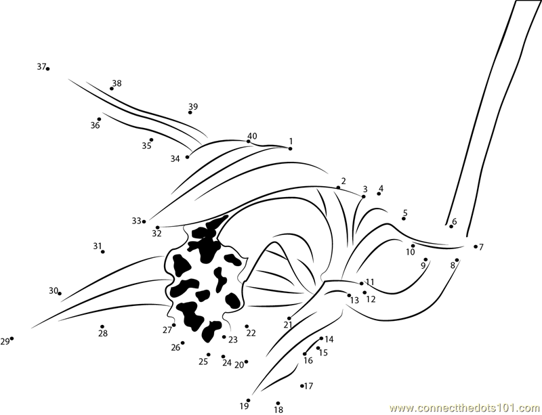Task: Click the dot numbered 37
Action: [x=47, y=69]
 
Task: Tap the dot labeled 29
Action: [x=12, y=338]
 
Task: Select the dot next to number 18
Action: [x=278, y=403]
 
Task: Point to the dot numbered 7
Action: [x=476, y=246]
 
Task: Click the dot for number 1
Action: [x=291, y=148]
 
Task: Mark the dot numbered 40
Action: [x=248, y=141]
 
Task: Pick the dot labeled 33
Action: [x=144, y=221]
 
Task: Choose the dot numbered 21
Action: [x=289, y=318]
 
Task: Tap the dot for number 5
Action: [x=403, y=219]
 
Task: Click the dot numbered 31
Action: [x=103, y=252]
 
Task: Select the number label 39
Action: [x=193, y=106]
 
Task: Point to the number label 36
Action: [x=95, y=125]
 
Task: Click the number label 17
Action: [x=309, y=386]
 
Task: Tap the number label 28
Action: [x=103, y=333]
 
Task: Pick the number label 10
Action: [x=411, y=253]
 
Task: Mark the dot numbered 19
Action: [x=248, y=401]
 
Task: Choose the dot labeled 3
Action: [x=364, y=196]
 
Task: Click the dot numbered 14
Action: [x=321, y=338]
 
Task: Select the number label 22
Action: [x=251, y=333]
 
